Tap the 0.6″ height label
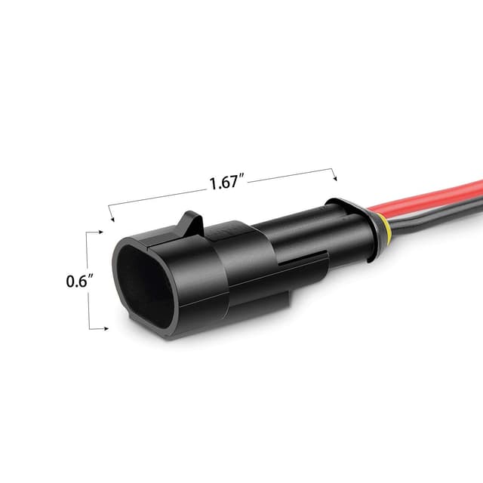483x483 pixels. tap(79, 281)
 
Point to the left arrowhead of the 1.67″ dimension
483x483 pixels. tap(111, 220)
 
